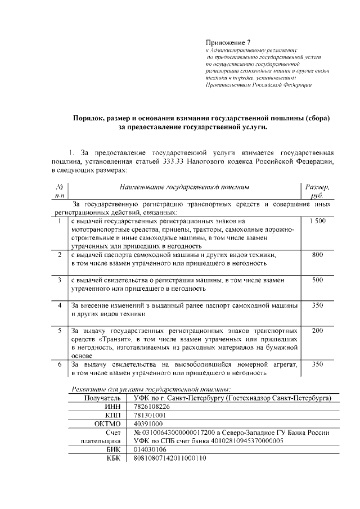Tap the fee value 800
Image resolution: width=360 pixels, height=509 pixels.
click(x=317, y=255)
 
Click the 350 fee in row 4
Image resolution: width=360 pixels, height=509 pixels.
click(x=317, y=305)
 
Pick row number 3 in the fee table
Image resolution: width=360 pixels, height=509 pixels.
click(x=60, y=280)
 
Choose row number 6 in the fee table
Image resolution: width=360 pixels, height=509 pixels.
click(x=60, y=364)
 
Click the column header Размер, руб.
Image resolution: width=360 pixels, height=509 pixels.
click(x=317, y=191)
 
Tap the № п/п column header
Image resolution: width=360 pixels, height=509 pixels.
click(x=60, y=191)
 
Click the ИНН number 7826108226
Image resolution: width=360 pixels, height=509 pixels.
click(x=151, y=406)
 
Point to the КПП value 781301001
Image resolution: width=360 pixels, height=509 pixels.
click(x=150, y=415)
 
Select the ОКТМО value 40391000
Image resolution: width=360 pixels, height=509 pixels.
click(x=148, y=424)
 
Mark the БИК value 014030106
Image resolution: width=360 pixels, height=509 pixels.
click(x=150, y=450)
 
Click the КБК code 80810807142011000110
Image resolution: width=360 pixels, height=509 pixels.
click(x=169, y=459)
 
